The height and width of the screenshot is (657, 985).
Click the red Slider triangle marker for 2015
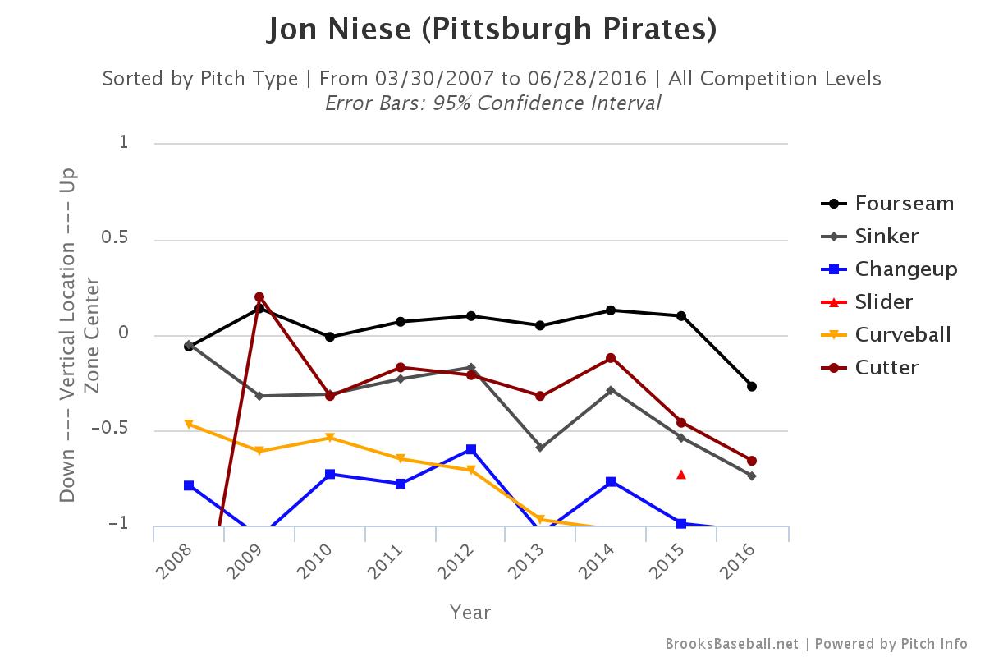click(681, 474)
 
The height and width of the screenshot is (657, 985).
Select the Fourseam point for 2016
click(752, 386)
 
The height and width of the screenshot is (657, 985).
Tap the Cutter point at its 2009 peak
click(259, 296)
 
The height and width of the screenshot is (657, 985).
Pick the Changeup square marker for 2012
click(471, 449)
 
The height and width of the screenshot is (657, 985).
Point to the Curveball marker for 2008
click(189, 425)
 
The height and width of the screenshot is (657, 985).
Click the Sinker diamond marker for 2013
click(541, 448)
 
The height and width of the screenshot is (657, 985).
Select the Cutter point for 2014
click(611, 358)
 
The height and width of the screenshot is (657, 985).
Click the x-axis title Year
click(470, 613)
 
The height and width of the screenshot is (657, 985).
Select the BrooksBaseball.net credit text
click(731, 644)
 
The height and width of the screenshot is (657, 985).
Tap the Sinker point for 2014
click(611, 390)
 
